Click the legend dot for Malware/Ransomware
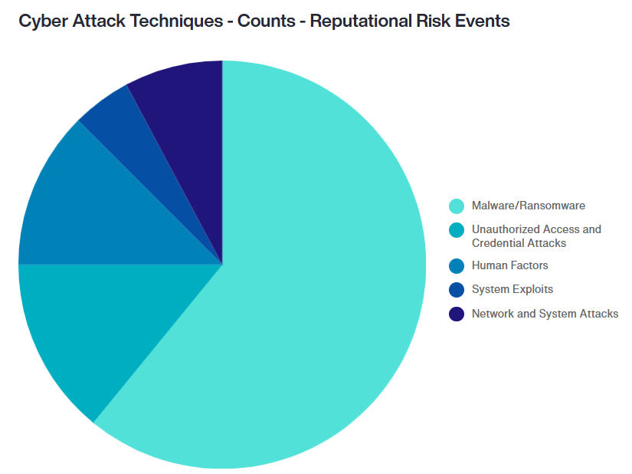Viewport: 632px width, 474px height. coord(457,206)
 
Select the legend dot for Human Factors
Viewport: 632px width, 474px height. coord(457,266)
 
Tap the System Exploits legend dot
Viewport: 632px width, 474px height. coord(457,290)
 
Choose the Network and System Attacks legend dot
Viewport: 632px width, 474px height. coord(457,314)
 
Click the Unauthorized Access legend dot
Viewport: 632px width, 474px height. coord(457,230)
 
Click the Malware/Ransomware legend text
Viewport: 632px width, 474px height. coord(529,206)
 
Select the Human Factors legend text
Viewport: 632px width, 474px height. coord(510,265)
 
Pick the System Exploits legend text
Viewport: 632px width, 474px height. coord(512,289)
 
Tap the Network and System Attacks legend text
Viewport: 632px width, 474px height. coord(545,314)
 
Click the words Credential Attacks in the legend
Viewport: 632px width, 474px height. coord(519,243)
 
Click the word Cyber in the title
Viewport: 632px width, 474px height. coord(43,21)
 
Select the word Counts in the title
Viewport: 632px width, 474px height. coord(266,21)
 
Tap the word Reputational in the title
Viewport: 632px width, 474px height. coord(360,21)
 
